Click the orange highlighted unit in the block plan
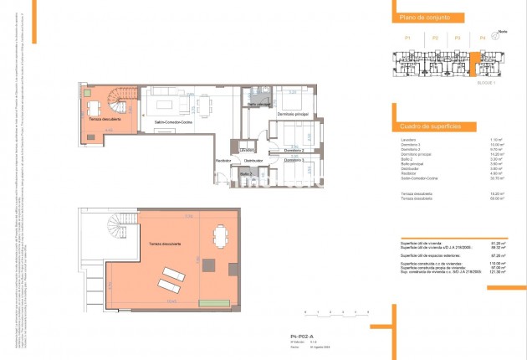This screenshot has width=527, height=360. point(475,63)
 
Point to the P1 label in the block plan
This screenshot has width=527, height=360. point(407,38)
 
